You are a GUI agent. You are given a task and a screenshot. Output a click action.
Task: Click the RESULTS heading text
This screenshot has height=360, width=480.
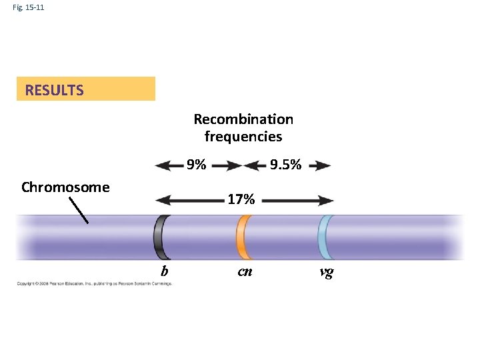54,90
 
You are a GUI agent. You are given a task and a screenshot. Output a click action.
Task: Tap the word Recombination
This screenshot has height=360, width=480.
243,119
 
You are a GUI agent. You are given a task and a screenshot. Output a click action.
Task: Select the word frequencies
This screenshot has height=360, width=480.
243,137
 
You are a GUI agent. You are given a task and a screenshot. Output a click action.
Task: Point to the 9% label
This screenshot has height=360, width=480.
196,165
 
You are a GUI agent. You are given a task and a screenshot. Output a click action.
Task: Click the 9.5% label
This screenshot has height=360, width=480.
285,165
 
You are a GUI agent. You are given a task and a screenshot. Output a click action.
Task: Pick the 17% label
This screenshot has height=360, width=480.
241,199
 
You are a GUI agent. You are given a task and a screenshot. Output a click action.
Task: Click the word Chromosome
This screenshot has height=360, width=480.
65,187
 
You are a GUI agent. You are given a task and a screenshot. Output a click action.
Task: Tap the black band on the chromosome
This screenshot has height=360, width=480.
160,237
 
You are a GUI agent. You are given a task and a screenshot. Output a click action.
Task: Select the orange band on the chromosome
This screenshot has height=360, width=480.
242,237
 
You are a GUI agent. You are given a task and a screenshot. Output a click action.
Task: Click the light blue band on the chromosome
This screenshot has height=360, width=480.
324,237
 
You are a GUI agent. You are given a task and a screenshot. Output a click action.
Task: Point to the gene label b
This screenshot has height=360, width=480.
163,271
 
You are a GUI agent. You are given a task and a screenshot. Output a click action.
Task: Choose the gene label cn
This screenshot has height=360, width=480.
245,271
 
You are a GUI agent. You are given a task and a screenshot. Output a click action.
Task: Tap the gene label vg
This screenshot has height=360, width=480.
327,271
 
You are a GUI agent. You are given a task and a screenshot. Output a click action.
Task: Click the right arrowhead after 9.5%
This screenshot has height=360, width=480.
324,165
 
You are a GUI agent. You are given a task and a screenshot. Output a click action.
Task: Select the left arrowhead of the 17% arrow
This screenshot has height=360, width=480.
161,199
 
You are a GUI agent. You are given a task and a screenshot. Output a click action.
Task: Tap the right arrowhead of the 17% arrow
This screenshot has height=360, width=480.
326,199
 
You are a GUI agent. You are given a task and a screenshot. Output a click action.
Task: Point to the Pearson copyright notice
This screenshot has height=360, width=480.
94,283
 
